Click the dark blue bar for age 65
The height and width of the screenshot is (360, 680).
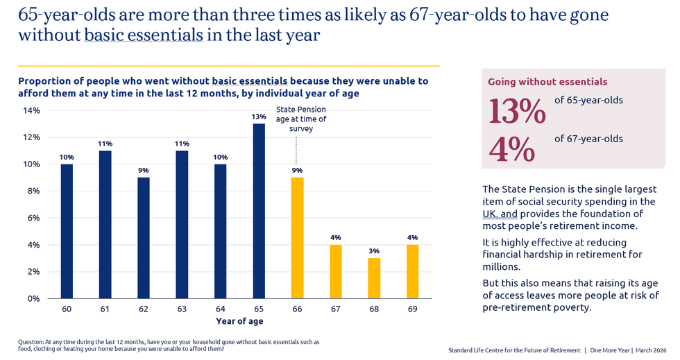pos(259,211)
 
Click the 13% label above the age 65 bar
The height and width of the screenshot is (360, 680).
pos(259,117)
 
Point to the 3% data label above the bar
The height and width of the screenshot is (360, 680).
pos(373,251)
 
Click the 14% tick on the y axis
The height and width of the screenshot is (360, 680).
pos(32,110)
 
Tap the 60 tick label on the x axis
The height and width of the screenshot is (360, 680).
pos(67,309)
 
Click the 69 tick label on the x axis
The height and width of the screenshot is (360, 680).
pos(411,309)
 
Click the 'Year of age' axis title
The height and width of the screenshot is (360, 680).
pos(239,321)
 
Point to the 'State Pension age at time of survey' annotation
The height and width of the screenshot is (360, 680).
pos(301,119)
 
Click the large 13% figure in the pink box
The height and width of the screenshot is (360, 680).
pos(517,111)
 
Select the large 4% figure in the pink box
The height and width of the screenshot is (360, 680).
pos(511,149)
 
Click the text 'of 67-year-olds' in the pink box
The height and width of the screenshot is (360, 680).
pos(588,139)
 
